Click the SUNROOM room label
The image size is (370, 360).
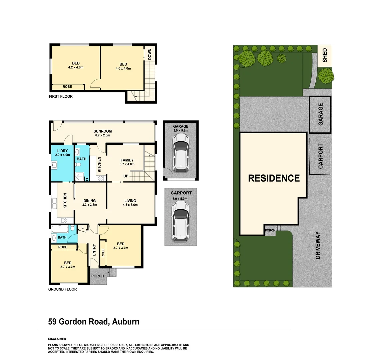pos(102,131)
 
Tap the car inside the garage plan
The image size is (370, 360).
pos(180,156)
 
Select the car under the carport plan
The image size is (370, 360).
pos(180,221)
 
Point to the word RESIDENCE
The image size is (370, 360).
pos(274,178)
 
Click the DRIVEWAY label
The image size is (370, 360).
pos(317,245)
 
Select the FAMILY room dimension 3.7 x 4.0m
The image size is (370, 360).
pos(127,164)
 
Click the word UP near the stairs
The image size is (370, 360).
pos(126,176)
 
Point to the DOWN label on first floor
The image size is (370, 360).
pos(149,54)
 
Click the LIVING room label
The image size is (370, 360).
pos(130,201)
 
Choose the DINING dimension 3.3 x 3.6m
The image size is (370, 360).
pos(90,205)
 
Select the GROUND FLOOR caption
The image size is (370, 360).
pos(62,289)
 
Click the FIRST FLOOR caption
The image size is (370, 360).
pos(60,96)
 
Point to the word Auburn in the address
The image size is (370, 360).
pos(126,322)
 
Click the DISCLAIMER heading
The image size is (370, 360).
pos(57,339)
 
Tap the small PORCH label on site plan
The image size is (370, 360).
pos(270,231)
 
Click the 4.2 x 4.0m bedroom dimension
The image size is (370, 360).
pos(76,67)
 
